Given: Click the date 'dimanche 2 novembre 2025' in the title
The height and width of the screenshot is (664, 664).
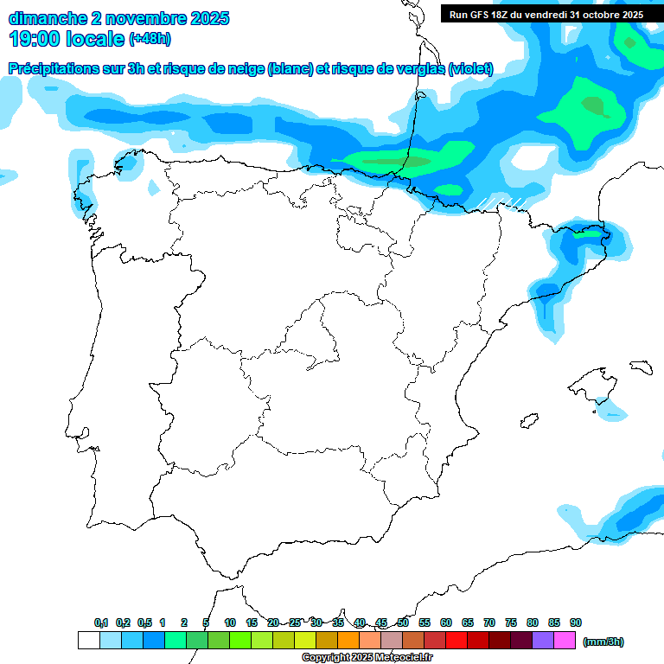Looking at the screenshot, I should coord(118,18).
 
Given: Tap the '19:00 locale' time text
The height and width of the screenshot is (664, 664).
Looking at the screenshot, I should coord(67,39).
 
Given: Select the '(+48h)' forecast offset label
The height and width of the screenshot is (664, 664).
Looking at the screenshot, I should coord(150,39).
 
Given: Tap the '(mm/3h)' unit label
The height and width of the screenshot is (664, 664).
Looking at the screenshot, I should coord(603,642).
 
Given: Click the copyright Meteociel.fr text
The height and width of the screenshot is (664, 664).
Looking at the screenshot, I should coord(367,657).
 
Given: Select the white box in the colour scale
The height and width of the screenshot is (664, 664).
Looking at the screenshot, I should coord(88,640).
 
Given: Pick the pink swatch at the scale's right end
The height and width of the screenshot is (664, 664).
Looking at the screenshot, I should coord(565,640).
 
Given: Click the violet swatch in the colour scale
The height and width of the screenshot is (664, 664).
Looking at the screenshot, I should coord(543,640).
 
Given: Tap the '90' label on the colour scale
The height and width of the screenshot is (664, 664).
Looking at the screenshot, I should coord(576,622).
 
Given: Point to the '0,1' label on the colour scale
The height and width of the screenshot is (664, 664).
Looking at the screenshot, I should coord(101,622).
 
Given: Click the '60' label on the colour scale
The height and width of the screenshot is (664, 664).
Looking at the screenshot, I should coord(446,622).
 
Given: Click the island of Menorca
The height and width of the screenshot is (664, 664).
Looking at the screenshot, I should coord(641,367).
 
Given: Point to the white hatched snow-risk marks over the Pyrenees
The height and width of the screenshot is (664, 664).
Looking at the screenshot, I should coord(501,203).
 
